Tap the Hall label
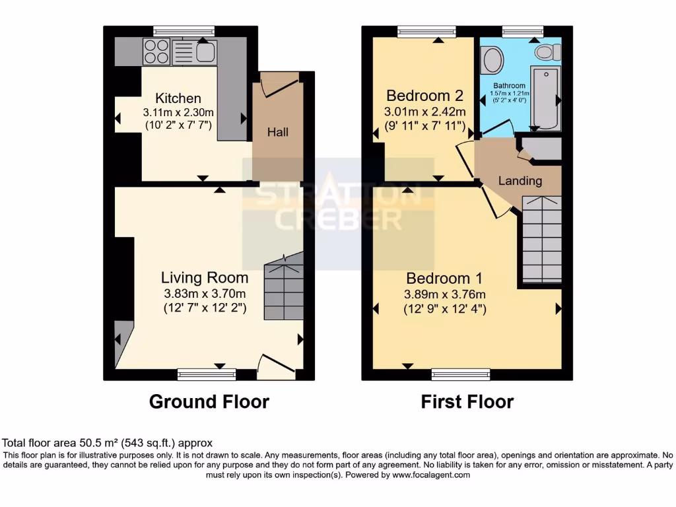pos(278,132)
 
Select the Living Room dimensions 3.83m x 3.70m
pos(205,293)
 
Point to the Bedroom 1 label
pos(444,278)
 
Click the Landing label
pos(520,181)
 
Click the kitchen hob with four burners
pos(156,51)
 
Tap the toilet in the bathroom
pos(548,51)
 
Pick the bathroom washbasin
pos(492,61)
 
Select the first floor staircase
pos(541,239)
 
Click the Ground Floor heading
pos(209,401)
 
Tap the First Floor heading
pos(467,401)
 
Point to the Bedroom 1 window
pos(461,374)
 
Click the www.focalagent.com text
pos(431,475)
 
